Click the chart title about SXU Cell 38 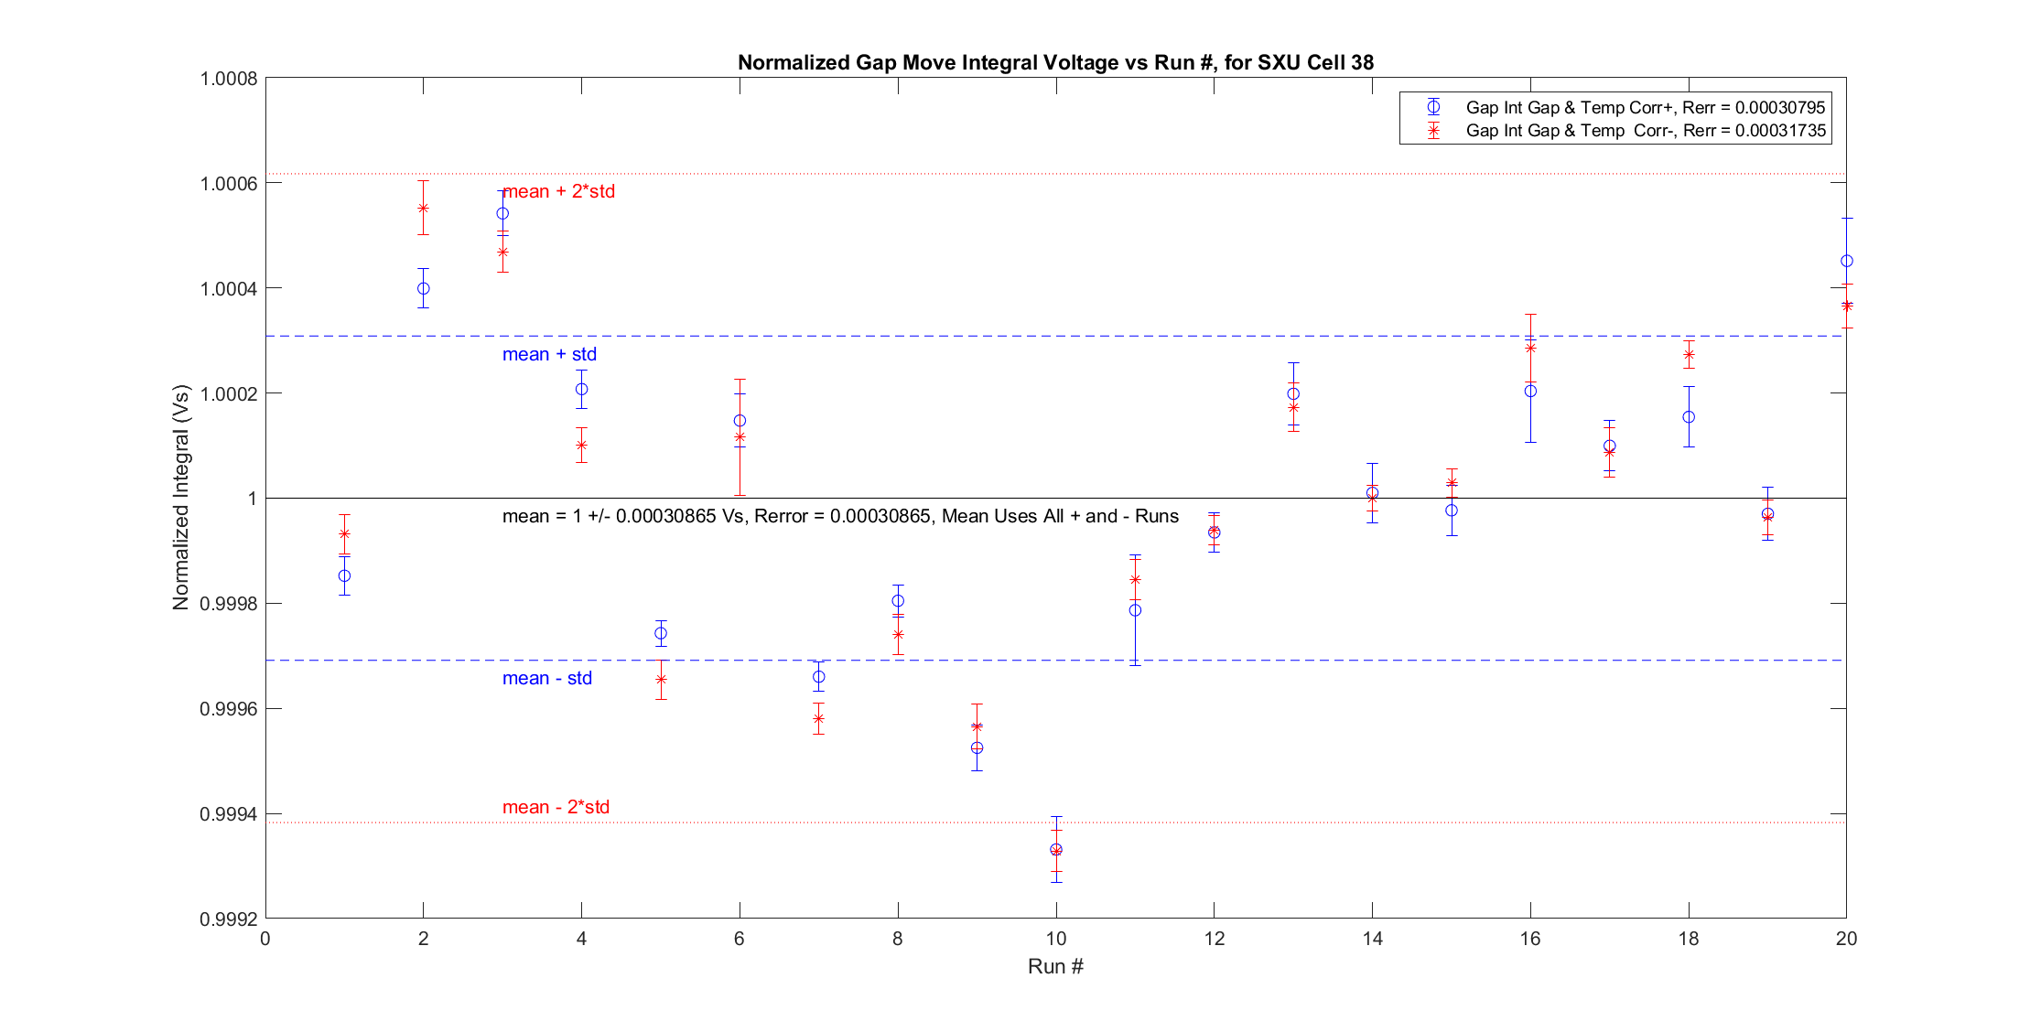click(1055, 62)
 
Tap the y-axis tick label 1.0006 click(229, 184)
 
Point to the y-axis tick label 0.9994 click(229, 814)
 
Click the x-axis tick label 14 click(1372, 939)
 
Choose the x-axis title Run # click(1055, 967)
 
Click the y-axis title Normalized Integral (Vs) click(180, 498)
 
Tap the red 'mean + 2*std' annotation click(559, 191)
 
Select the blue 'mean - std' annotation click(547, 678)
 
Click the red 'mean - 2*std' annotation click(556, 807)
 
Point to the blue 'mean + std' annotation click(549, 354)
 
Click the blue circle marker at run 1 click(344, 575)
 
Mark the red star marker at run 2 click(424, 208)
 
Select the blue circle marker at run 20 click(1847, 261)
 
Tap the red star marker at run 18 click(1689, 354)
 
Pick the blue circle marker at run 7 click(818, 677)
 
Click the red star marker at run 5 click(661, 679)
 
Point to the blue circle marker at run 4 click(581, 389)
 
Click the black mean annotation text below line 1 click(840, 516)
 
